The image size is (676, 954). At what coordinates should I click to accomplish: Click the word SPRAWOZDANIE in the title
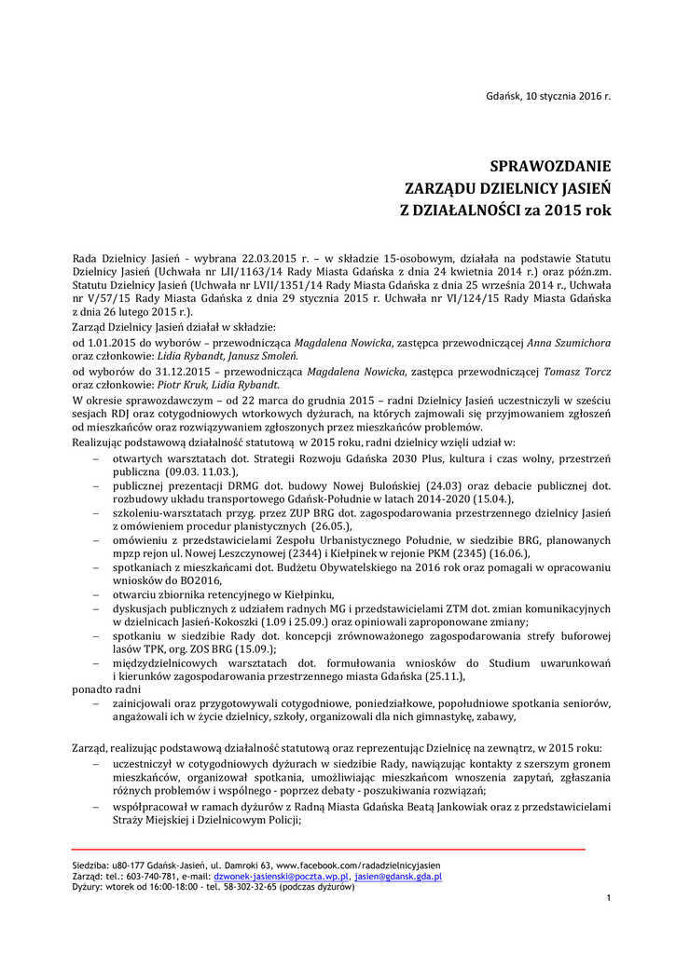tap(551, 168)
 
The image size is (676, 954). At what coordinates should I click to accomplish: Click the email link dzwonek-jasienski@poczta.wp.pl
tap(281, 877)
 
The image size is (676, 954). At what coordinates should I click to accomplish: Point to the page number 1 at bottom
tap(608, 897)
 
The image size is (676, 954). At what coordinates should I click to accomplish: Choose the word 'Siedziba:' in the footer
tap(90, 866)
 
